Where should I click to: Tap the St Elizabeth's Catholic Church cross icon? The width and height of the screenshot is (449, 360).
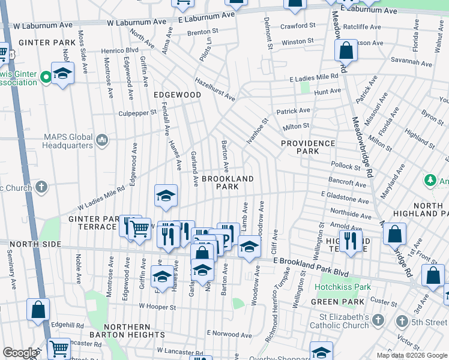[x=377, y=321]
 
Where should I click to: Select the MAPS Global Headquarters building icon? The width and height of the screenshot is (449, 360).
[x=101, y=140]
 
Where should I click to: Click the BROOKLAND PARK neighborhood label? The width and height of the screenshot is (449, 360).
[x=228, y=182]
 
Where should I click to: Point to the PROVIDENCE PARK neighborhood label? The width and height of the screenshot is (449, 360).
[x=307, y=147]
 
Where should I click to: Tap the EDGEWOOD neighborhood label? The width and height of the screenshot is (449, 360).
[x=177, y=95]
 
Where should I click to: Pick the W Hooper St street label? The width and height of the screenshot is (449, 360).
[x=157, y=307]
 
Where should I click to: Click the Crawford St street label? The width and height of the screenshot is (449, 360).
[x=298, y=26]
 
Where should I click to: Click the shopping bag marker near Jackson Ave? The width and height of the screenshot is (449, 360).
[x=346, y=52]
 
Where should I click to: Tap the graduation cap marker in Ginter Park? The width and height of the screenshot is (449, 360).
[x=62, y=74]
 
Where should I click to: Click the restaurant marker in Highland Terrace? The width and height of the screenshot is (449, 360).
[x=351, y=241]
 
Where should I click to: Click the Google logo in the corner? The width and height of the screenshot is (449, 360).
[x=19, y=353]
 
